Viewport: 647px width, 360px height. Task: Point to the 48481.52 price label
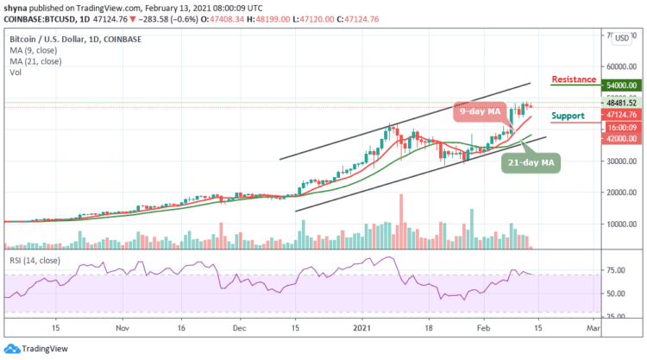pyautogui.click(x=619, y=102)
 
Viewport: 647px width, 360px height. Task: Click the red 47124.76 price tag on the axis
pyautogui.click(x=619, y=114)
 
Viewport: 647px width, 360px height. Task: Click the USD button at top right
pyautogui.click(x=620, y=38)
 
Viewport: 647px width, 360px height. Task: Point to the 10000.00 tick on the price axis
pyautogui.click(x=619, y=224)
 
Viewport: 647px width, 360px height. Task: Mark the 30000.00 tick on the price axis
pyautogui.click(x=619, y=161)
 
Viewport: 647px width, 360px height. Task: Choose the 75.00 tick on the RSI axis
pyautogui.click(x=613, y=270)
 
